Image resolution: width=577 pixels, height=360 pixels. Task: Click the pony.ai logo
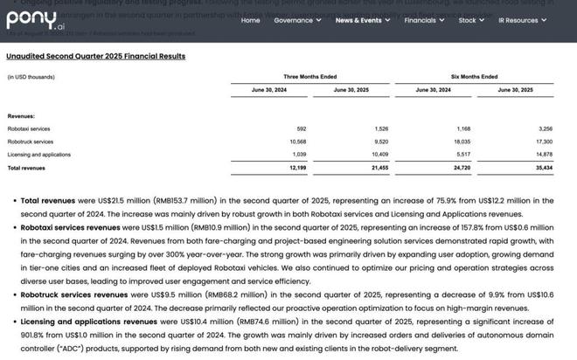pos(33,19)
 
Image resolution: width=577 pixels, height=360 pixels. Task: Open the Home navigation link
pos(250,20)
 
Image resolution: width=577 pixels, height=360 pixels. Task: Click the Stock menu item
pos(470,20)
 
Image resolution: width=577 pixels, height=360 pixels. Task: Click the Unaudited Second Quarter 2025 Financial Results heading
pos(95,56)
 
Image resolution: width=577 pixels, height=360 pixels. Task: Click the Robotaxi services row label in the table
pos(30,128)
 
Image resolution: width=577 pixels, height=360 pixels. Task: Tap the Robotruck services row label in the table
pos(31,142)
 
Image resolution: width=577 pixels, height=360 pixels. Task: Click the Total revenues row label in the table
pos(26,167)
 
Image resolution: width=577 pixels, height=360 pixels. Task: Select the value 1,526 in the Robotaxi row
pos(380,128)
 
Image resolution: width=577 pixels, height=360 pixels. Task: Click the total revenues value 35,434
pos(542,167)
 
